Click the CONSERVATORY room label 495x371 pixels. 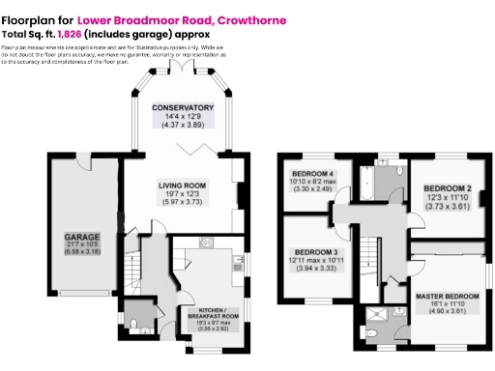click(182, 107)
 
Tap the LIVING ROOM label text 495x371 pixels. click(182, 185)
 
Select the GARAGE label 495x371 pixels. click(82, 236)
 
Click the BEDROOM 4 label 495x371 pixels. click(312, 174)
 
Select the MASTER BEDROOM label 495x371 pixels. click(447, 295)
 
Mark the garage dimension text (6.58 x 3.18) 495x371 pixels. click(82, 252)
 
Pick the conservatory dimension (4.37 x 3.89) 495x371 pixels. click(182, 125)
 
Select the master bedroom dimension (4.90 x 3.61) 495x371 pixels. click(447, 312)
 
